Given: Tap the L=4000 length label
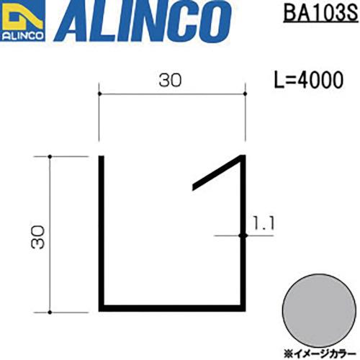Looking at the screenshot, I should click(x=309, y=81).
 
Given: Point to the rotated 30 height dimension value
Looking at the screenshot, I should click(x=39, y=235).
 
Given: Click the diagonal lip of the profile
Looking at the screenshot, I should click(x=218, y=173).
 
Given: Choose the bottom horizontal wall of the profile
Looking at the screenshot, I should click(x=173, y=309).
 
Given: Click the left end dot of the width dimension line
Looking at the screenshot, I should click(x=99, y=93).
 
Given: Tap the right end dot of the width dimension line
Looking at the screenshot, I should click(x=245, y=93).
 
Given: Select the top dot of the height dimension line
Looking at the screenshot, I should click(x=50, y=156).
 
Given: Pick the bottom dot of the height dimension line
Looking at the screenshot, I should click(x=50, y=311).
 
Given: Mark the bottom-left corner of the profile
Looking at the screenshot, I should click(x=102, y=309).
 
